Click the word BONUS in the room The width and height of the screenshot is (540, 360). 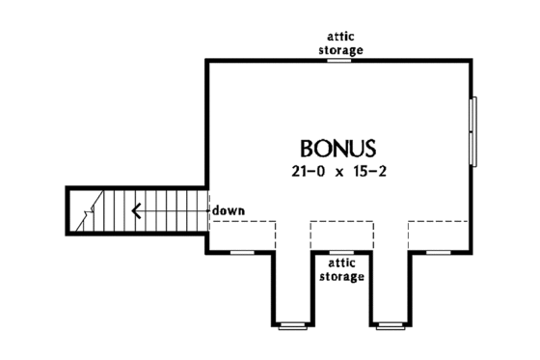tap(337, 150)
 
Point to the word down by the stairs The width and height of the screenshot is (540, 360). tap(228, 208)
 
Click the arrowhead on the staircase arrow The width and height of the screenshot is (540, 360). tap(138, 209)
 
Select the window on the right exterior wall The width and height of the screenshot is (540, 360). tap(472, 131)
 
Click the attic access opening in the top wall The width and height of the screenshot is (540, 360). tap(340, 60)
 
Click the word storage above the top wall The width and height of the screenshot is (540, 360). tap(340, 49)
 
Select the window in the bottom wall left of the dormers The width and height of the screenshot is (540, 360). tap(242, 252)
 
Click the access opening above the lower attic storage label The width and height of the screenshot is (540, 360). tap(340, 252)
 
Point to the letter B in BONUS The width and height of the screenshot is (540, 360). tap(308, 150)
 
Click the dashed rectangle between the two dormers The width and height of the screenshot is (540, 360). tap(340, 236)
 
